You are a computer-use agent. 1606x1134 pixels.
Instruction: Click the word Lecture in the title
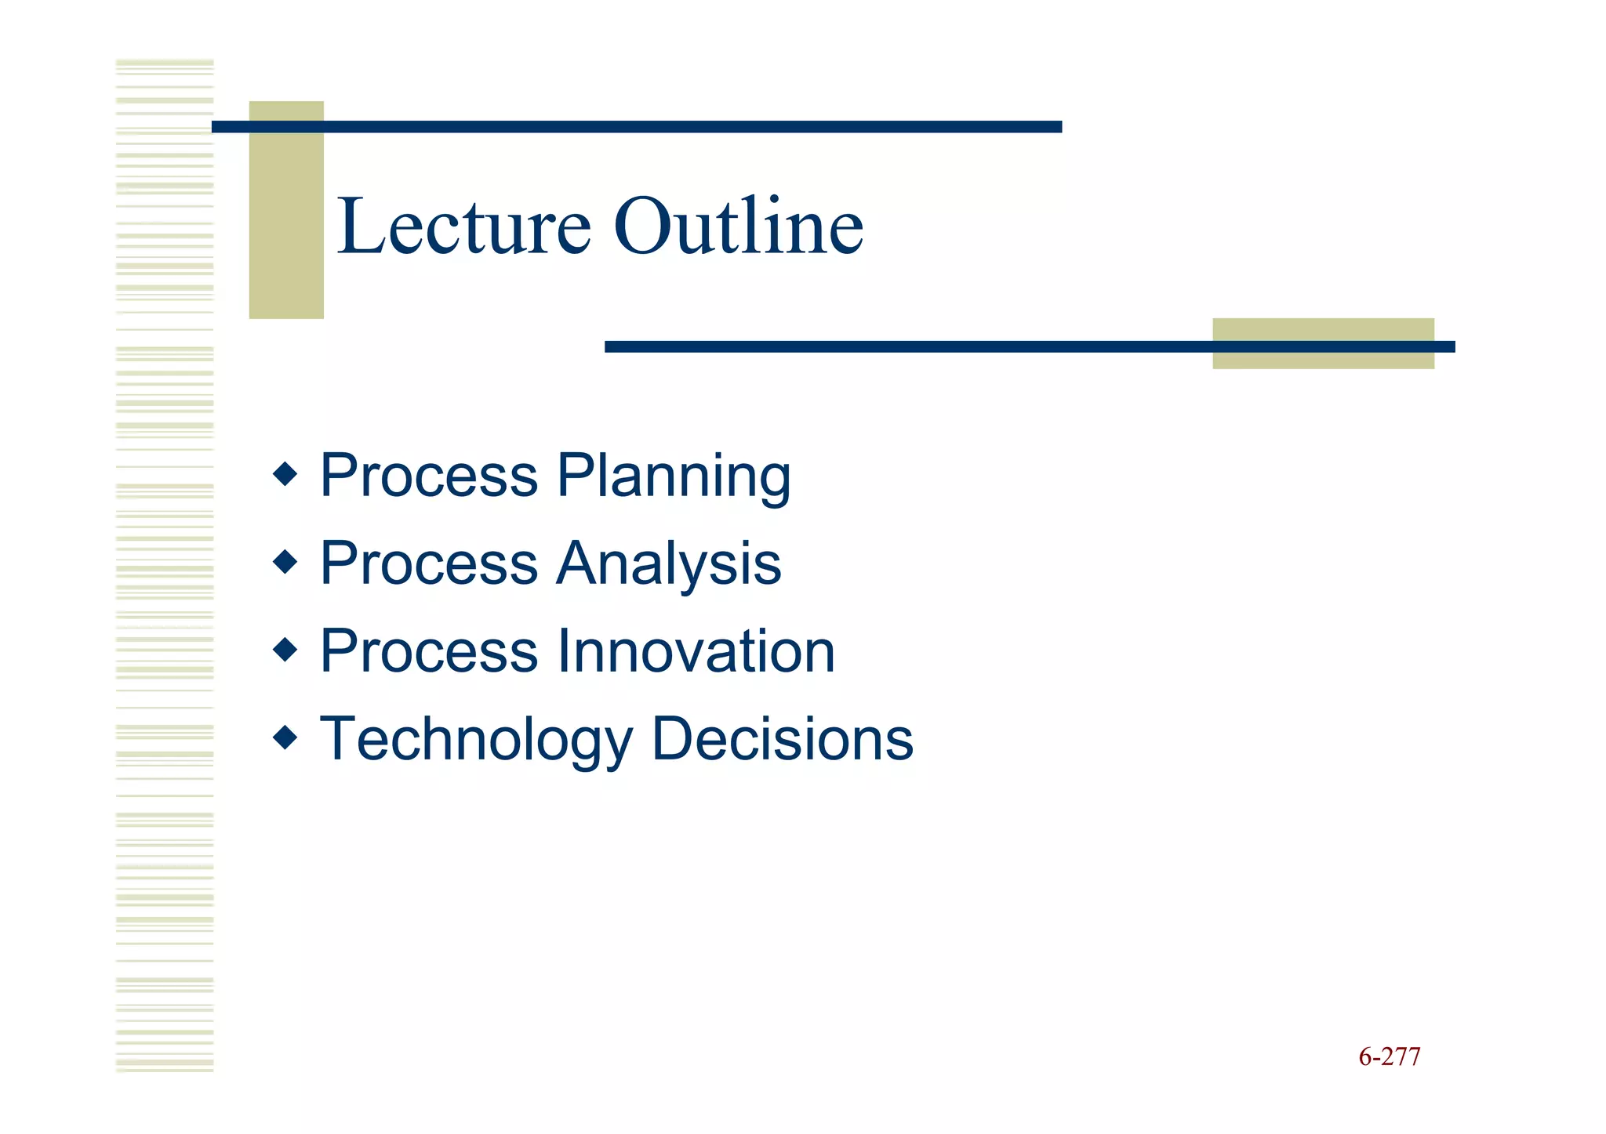(x=463, y=227)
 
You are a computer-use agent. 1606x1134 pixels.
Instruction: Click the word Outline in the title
(x=738, y=227)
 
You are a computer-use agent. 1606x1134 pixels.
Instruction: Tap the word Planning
(x=674, y=476)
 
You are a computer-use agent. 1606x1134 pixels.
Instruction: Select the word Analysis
(x=668, y=564)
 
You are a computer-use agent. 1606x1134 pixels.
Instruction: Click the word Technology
(x=476, y=741)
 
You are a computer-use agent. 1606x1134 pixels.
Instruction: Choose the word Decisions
(x=782, y=739)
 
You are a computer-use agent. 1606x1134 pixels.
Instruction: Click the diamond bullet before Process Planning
(x=285, y=473)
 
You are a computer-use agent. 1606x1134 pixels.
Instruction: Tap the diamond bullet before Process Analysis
(x=285, y=561)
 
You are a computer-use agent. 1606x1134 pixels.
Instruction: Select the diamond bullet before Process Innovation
(x=285, y=649)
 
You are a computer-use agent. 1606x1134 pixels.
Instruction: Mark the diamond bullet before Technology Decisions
(x=285, y=737)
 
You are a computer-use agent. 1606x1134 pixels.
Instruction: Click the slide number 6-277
(x=1389, y=1057)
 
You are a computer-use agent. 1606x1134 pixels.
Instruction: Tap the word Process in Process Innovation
(x=429, y=651)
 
